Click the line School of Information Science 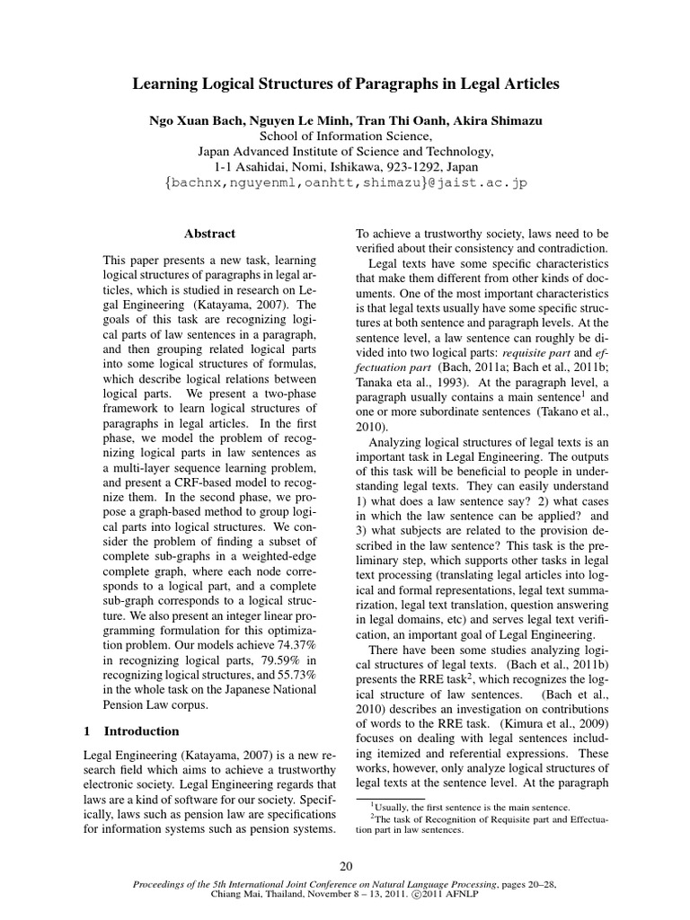coord(345,136)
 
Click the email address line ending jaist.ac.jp coord(345,182)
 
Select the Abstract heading coord(209,234)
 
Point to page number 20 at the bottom coord(345,865)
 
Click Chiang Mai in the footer coord(235,895)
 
